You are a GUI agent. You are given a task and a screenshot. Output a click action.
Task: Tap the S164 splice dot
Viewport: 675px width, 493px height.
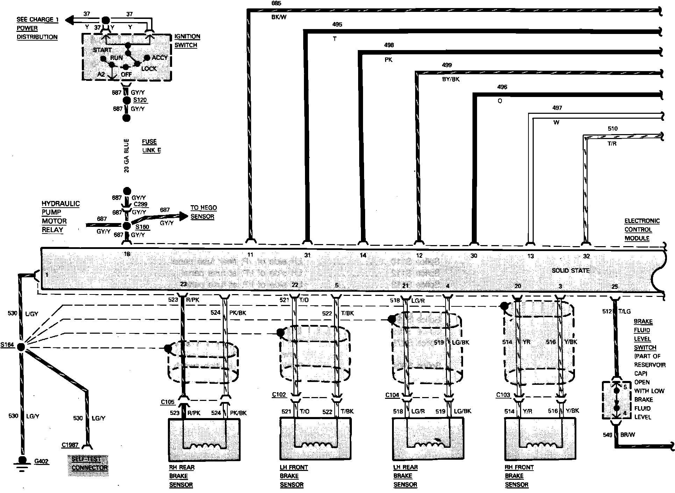[x=21, y=347]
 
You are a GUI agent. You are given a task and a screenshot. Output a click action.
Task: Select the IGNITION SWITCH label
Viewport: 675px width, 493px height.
[x=187, y=41]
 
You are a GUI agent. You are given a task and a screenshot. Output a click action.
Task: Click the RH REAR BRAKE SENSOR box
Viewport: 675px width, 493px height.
[x=204, y=439]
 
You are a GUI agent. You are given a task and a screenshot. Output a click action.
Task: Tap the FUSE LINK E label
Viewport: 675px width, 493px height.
[x=151, y=146]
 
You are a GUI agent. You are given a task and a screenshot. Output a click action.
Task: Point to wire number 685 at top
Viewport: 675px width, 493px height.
[x=276, y=4]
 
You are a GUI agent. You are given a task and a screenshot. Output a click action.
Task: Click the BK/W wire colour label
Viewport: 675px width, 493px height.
[x=279, y=17]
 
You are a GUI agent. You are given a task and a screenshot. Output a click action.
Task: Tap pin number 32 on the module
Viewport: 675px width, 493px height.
[x=587, y=256]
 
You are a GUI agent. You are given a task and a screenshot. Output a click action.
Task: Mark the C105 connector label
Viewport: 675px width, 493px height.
[x=168, y=402]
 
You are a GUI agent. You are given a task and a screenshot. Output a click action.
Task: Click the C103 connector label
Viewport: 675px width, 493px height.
[x=503, y=395]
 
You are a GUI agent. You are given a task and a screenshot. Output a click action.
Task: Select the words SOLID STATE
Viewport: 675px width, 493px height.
[x=570, y=270]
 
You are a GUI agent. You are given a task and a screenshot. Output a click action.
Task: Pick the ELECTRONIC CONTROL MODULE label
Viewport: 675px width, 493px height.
[x=642, y=230]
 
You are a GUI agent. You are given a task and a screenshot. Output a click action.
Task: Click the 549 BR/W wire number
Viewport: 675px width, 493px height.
[x=607, y=435]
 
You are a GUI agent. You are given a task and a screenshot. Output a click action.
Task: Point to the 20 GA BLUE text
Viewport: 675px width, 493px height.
[x=127, y=155]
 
